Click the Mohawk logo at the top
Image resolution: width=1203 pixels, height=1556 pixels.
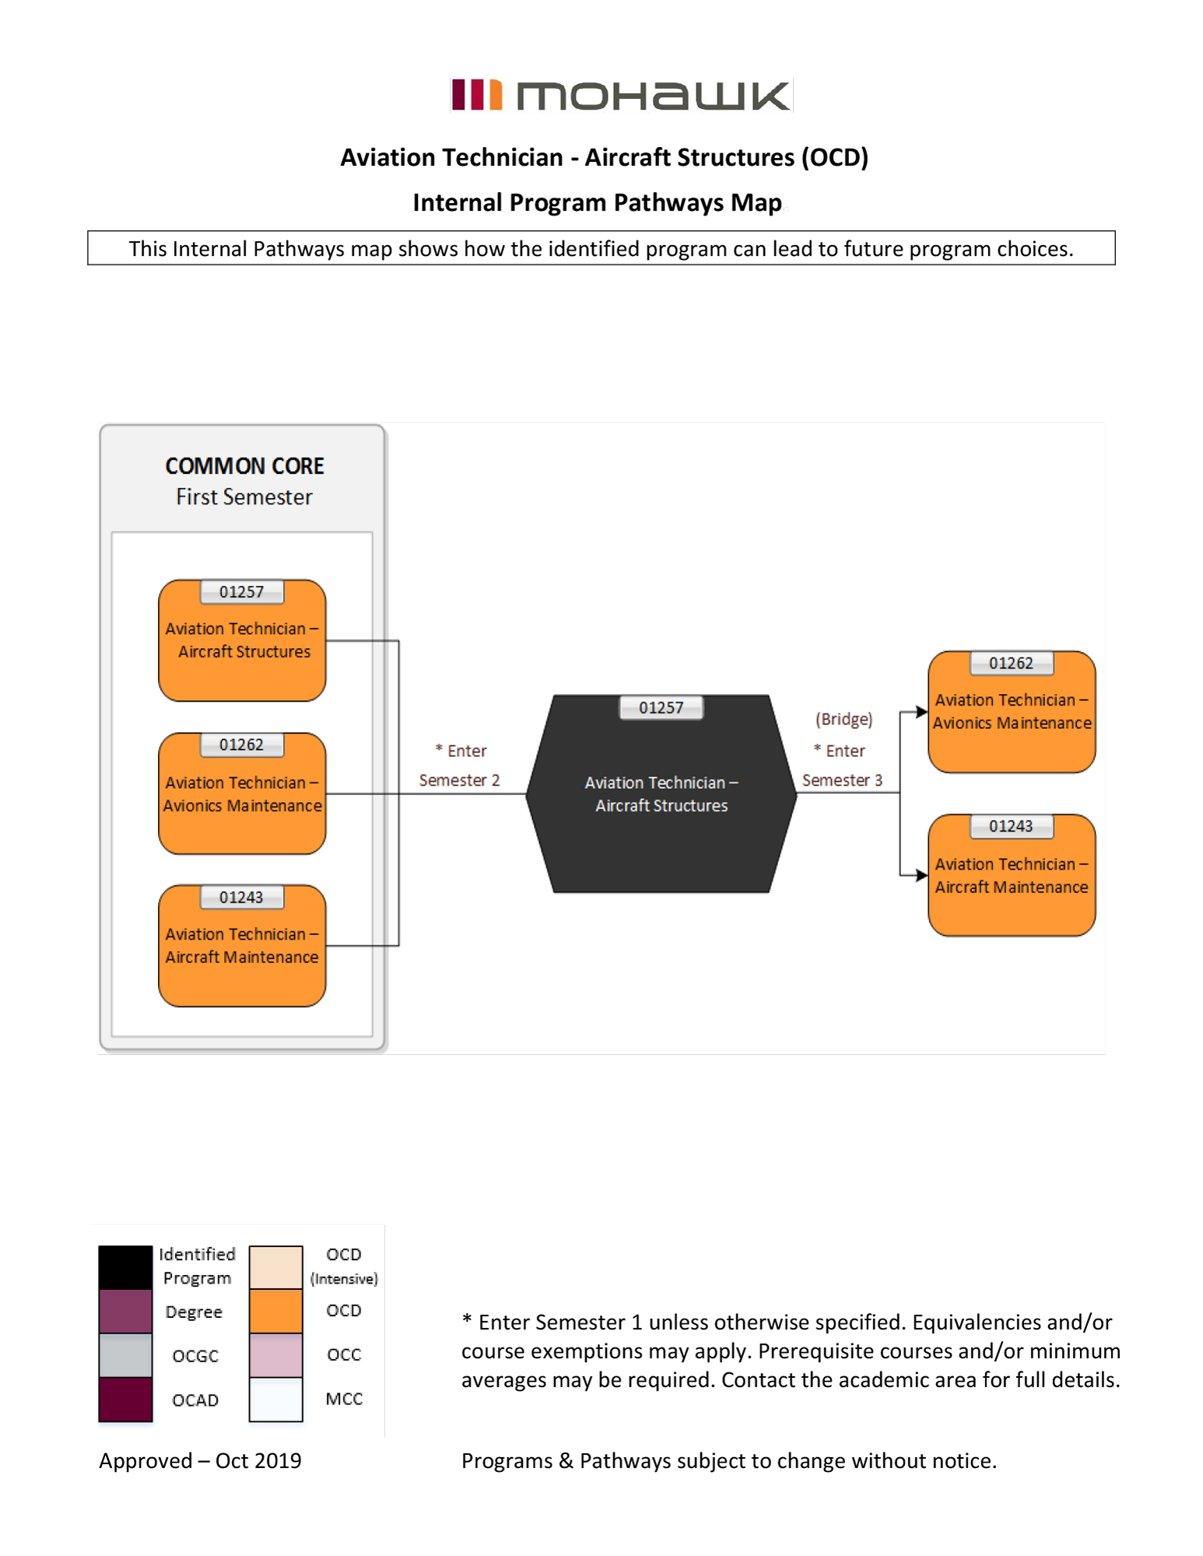tap(620, 95)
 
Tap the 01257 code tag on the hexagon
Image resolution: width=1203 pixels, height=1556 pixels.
tap(661, 707)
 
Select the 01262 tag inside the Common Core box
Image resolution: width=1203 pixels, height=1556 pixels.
tap(241, 745)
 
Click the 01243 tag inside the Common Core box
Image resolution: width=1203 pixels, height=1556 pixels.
tap(241, 897)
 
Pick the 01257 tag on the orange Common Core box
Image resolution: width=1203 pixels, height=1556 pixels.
tap(241, 591)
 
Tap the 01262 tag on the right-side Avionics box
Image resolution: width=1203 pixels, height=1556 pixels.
tap(1011, 663)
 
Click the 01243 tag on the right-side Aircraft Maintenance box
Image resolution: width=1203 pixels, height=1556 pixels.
tap(1011, 826)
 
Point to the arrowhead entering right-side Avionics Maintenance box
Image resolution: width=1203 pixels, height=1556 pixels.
tap(921, 711)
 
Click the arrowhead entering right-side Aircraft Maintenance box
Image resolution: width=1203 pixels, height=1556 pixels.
tap(921, 875)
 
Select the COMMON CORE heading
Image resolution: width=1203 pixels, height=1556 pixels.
tap(244, 466)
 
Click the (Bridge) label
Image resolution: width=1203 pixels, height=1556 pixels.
tap(844, 719)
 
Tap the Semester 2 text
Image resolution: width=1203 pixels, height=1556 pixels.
tap(459, 780)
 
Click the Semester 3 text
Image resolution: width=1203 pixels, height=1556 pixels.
tap(842, 780)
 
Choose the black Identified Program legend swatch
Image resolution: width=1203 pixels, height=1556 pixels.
tap(125, 1267)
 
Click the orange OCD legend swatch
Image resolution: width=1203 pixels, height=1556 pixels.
tap(275, 1311)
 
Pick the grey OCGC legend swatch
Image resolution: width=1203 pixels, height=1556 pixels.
tap(125, 1354)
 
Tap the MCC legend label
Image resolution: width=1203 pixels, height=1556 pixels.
tap(344, 1399)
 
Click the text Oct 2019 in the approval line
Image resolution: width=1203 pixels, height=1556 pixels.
tap(258, 1460)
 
